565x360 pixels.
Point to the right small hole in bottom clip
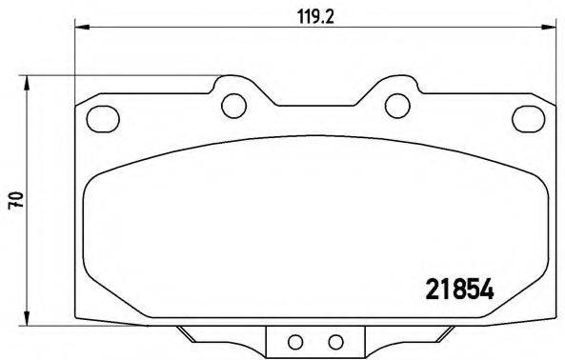(x=334, y=342)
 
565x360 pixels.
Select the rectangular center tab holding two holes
(x=314, y=341)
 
